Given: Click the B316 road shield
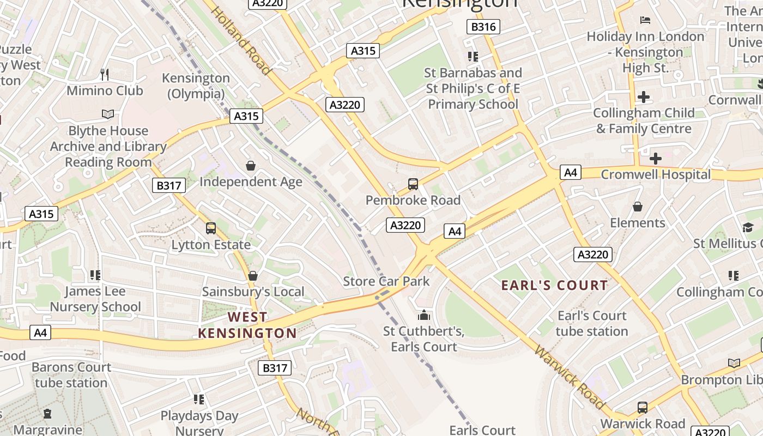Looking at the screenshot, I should coord(483,27).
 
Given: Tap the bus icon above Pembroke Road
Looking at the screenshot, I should coord(413,184).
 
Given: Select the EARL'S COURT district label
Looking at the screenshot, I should coord(554,285).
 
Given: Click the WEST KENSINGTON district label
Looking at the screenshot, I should coord(247,325).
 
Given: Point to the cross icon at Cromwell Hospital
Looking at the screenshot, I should coord(656,159).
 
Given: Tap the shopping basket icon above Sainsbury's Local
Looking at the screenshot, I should coord(252,276).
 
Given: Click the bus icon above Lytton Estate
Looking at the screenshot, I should coord(211,228).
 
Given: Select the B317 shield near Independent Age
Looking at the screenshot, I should coord(169,185).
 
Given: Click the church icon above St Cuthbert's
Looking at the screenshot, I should coord(423,315).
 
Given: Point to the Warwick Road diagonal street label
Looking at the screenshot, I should coord(570,377).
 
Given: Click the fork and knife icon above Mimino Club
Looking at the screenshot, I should coord(105,74).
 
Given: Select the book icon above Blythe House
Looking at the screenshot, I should coord(108,114).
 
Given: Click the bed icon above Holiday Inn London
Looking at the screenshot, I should coord(645,20).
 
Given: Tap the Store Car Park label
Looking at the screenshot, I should coord(386,281).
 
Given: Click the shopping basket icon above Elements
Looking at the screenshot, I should coord(637,207).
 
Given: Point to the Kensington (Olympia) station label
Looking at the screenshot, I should coord(196,86).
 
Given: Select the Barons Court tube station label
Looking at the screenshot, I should coord(71,375).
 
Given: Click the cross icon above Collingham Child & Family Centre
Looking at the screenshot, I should coord(644,97).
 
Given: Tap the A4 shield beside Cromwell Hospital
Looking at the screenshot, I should coord(570,173).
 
